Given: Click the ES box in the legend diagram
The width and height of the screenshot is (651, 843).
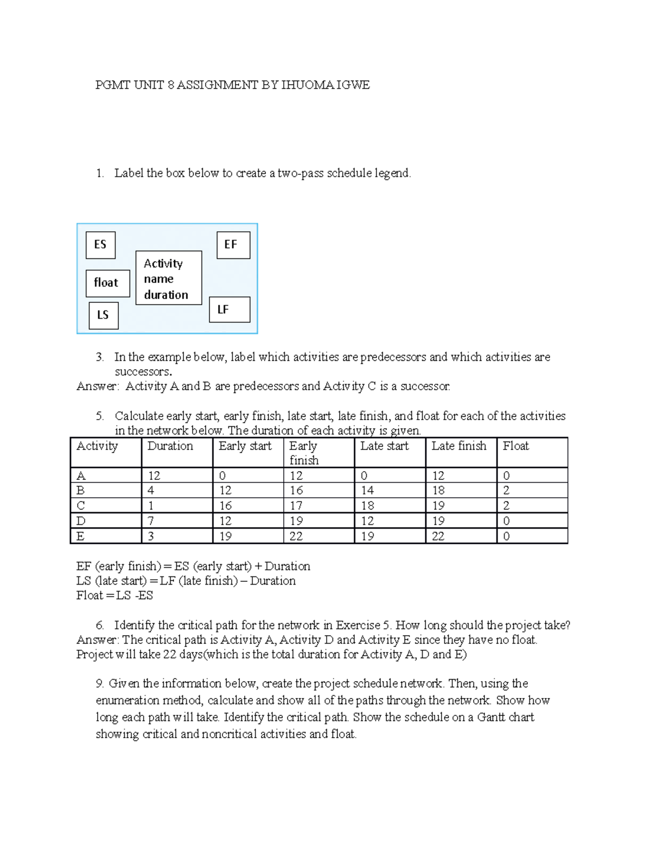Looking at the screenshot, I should coord(100,245).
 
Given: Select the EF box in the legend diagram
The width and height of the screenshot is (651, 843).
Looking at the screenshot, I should coord(233,245).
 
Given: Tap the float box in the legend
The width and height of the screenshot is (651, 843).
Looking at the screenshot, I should coord(107,283).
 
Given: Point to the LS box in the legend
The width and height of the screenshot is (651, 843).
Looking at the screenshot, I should coord(103,315).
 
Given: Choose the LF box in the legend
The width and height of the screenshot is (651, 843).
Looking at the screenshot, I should coord(229,309).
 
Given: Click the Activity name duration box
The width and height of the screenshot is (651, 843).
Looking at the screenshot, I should coord(168,278).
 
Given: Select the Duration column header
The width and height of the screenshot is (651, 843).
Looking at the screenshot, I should coord(170,446).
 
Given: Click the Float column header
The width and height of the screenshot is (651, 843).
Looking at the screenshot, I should coord(515,446).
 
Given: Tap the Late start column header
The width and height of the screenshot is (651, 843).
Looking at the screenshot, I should coord(384,446).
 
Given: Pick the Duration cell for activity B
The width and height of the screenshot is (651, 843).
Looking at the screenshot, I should coord(151,491).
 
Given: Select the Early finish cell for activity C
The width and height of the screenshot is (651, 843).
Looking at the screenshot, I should coord(296,506).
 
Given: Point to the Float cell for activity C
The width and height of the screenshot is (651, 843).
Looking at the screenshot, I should coord(506,506).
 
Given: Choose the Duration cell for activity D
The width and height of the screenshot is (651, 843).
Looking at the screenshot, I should coord(151,521).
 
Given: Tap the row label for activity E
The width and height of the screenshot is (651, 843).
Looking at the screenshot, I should coord(81,536).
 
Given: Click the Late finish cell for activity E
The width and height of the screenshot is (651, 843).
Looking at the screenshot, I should coord(438,536).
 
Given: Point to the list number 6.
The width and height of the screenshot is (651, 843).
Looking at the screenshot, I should coord(100,625).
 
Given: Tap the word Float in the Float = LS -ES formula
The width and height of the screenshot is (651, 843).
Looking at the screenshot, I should coord(90,595).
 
